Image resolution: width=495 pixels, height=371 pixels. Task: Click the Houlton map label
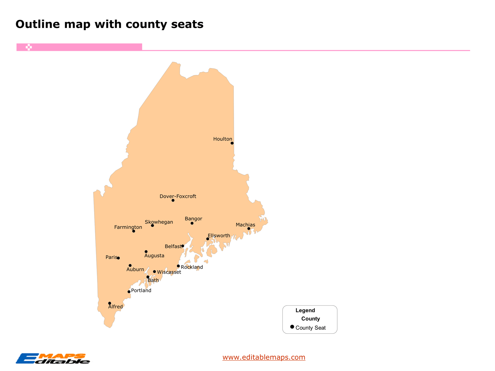223,139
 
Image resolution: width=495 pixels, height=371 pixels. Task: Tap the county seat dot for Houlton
232,143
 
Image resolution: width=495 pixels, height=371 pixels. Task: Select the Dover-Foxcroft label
178,196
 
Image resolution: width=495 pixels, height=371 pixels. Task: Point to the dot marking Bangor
192,223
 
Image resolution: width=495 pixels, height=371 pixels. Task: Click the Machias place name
245,225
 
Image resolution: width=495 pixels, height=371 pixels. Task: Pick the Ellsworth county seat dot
208,239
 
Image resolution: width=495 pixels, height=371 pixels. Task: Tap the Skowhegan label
159,222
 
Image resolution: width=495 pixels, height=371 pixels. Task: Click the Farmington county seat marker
134,231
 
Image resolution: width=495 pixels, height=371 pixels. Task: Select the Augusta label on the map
154,256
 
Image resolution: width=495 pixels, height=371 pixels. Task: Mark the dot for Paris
118,258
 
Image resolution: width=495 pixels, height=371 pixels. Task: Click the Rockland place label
192,267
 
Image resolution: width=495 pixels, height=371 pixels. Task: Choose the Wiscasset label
169,272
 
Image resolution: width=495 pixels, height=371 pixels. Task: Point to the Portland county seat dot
129,292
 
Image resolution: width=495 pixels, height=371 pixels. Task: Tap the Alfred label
115,307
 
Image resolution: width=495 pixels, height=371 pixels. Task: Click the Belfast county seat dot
183,246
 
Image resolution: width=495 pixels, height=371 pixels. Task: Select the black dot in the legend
292,327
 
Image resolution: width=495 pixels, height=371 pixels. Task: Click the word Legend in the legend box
305,310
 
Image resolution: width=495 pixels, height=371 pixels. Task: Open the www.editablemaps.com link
264,357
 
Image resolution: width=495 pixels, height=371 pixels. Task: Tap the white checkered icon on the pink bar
29,47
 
